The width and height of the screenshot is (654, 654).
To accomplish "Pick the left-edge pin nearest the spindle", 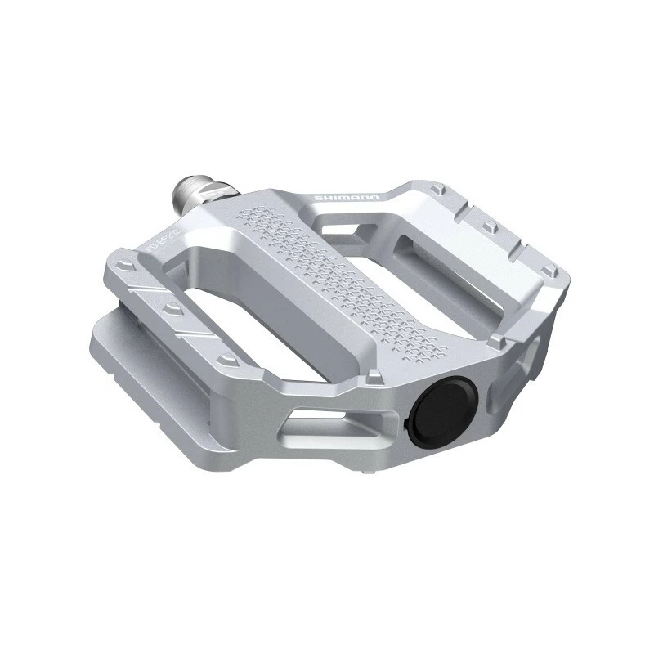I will point(123,266).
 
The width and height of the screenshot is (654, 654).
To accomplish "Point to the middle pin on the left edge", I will point(172,308).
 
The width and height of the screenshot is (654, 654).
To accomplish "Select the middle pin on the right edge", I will point(490,225).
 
